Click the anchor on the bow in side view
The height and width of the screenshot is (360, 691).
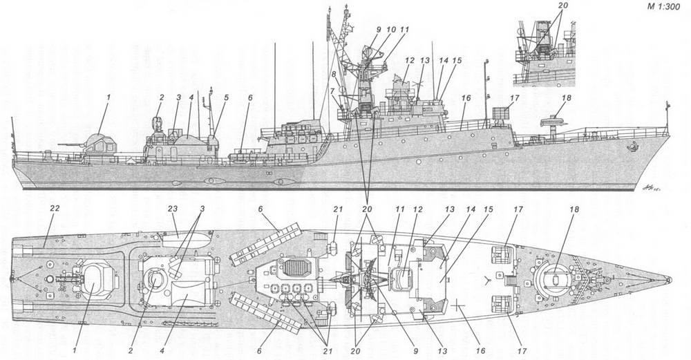pos(631,146)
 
